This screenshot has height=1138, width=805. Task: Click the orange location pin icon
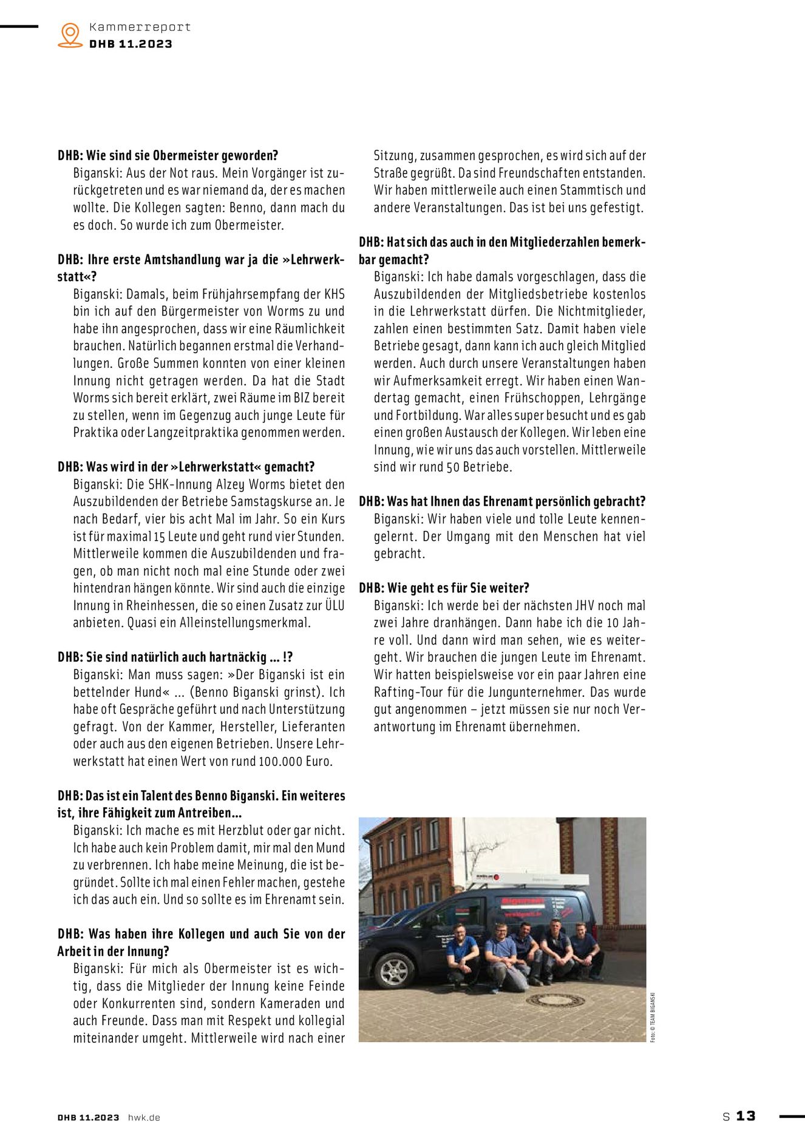coord(70,35)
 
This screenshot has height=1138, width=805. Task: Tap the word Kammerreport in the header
coord(140,27)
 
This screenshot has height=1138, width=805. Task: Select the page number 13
coord(746,1116)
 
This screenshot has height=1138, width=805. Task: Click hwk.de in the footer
coord(144,1117)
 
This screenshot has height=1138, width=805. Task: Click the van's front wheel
coord(393,970)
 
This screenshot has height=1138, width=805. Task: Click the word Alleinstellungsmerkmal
coord(245,623)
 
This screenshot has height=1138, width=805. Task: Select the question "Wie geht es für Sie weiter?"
coord(444,588)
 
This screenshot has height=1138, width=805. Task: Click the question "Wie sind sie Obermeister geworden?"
coord(168,155)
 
